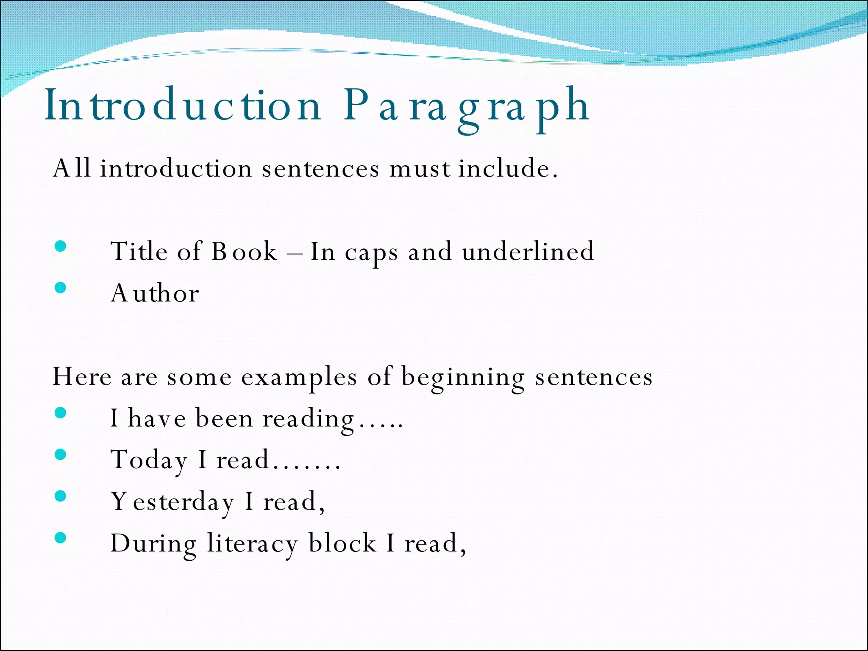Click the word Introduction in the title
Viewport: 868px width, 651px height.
click(x=183, y=106)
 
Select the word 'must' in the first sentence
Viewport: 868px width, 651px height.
click(x=420, y=169)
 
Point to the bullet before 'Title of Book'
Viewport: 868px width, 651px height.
click(x=61, y=246)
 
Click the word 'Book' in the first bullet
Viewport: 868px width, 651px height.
click(x=244, y=251)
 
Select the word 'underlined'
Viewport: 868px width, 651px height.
click(x=528, y=251)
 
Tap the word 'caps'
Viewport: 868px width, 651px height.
click(x=371, y=253)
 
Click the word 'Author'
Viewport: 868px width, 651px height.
click(x=155, y=293)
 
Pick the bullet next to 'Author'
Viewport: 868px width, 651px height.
click(x=61, y=288)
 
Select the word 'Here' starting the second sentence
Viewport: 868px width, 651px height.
click(x=82, y=376)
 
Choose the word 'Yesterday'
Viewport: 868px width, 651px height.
click(x=172, y=502)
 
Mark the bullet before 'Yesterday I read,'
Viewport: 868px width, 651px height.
click(x=61, y=496)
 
